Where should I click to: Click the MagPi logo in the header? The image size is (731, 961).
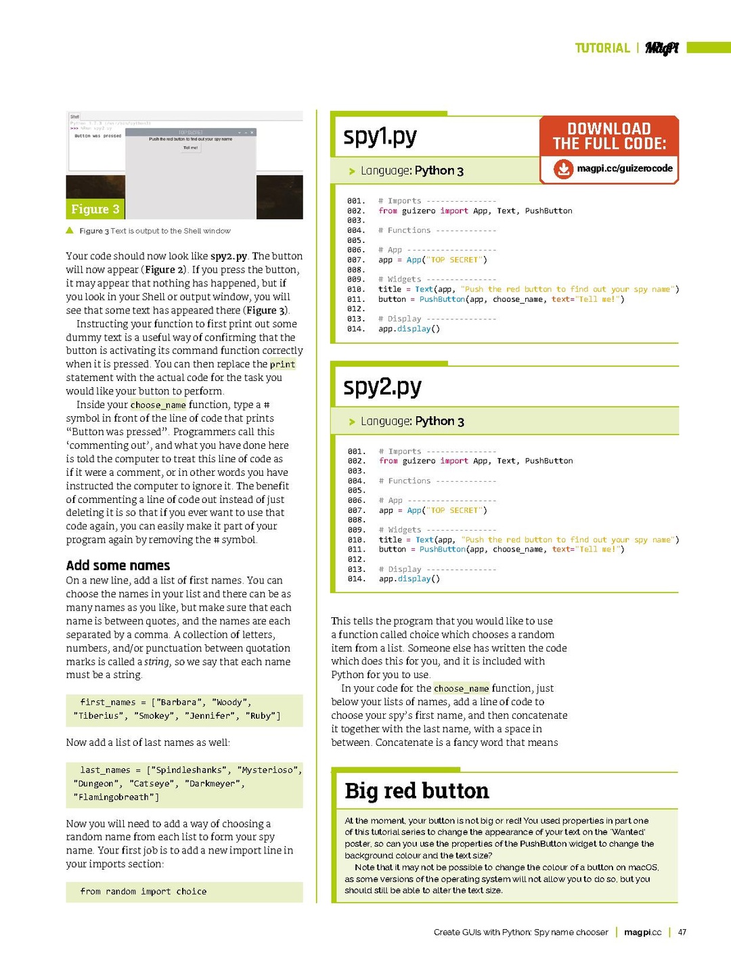[661, 47]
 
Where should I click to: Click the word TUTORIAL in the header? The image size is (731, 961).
[602, 48]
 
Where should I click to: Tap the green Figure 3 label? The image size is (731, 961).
[95, 209]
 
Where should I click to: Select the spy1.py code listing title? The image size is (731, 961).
[380, 137]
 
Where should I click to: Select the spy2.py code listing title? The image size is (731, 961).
[382, 387]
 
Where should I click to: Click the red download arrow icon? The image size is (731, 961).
[563, 169]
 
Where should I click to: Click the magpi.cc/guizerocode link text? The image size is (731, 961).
[624, 169]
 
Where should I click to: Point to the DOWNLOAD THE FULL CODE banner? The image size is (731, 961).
[609, 136]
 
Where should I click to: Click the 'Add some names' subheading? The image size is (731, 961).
[118, 566]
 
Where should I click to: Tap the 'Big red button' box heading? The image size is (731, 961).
[416, 790]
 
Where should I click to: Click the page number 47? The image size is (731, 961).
[682, 932]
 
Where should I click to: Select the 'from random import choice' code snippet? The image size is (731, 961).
[143, 891]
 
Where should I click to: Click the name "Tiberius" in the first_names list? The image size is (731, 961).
[98, 715]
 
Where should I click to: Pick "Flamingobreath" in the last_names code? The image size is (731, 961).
[114, 797]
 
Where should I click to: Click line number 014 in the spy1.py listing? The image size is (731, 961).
[356, 329]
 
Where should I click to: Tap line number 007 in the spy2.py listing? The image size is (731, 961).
[356, 510]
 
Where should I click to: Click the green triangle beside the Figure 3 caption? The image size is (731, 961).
[70, 231]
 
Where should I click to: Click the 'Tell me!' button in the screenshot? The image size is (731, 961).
[190, 148]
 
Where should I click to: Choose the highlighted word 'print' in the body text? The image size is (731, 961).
[282, 364]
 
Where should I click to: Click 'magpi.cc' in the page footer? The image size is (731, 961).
[642, 932]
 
